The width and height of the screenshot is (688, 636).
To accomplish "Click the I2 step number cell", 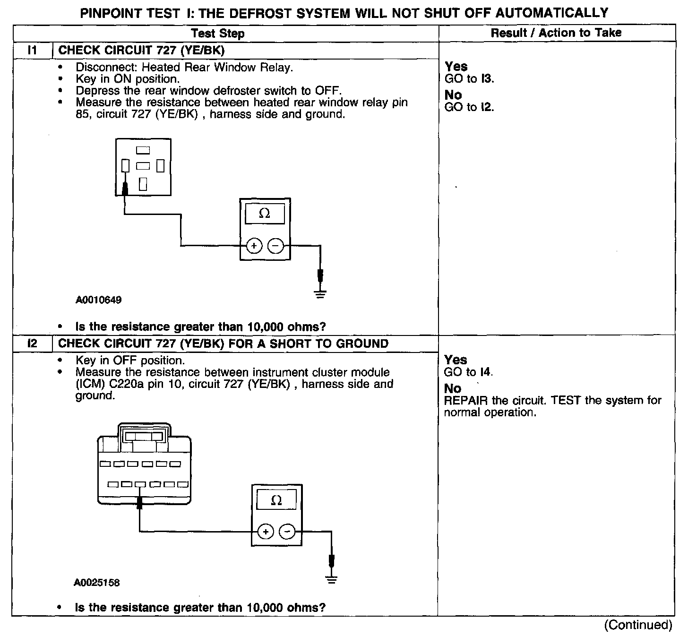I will pos(32,344).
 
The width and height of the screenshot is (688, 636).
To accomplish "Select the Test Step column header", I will pos(218,34).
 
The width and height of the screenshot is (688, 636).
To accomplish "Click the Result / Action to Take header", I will pos(556,33).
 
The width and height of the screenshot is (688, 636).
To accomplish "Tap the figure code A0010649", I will pos(98,300).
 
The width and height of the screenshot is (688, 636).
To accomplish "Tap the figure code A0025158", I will pos(96,583).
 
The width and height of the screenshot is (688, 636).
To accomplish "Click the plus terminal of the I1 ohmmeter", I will pos(254,246).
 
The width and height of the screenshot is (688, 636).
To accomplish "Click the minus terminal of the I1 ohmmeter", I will pos(275,246).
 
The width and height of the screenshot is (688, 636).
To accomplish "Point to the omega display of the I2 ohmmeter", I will pos(276,500).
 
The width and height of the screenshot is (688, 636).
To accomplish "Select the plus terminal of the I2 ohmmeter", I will pos(266,532).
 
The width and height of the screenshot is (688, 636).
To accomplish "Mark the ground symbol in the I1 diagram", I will pos(320,295).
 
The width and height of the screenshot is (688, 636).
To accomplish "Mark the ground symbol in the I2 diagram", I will pos(332,579).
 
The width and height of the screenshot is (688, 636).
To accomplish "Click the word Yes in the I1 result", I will pos(456,67).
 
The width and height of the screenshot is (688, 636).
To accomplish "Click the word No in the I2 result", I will pos(453,388).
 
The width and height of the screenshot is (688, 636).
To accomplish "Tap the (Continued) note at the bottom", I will pos(638,625).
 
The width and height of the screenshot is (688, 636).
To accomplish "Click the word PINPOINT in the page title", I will pos(111,13).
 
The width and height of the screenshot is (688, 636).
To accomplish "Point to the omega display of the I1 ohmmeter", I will pos(265,214).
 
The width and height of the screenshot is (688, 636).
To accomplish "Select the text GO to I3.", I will pos(469,79).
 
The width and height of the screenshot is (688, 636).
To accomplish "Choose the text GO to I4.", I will pos(468,372).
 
